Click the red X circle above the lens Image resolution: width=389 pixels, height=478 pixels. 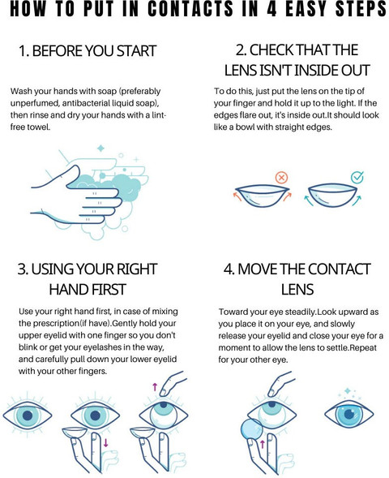pyautogui.click(x=281, y=177)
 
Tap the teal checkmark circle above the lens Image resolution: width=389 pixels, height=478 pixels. pyautogui.click(x=357, y=178)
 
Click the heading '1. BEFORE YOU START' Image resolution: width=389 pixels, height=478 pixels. pyautogui.click(x=88, y=50)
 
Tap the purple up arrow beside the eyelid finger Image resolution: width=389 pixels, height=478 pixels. pyautogui.click(x=155, y=387)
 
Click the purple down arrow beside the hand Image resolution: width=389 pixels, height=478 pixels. pyautogui.click(x=105, y=442)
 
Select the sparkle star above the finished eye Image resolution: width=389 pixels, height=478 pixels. pyautogui.click(x=348, y=391)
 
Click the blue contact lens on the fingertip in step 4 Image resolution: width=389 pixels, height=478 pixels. pyautogui.click(x=251, y=428)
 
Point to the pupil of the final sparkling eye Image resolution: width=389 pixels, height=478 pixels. pyautogui.click(x=349, y=414)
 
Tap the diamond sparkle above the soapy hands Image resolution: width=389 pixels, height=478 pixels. pyautogui.click(x=100, y=149)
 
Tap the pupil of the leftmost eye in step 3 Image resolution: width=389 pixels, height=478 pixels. pyautogui.click(x=28, y=416)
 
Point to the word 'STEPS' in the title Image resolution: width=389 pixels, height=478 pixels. pyautogui.click(x=361, y=9)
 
